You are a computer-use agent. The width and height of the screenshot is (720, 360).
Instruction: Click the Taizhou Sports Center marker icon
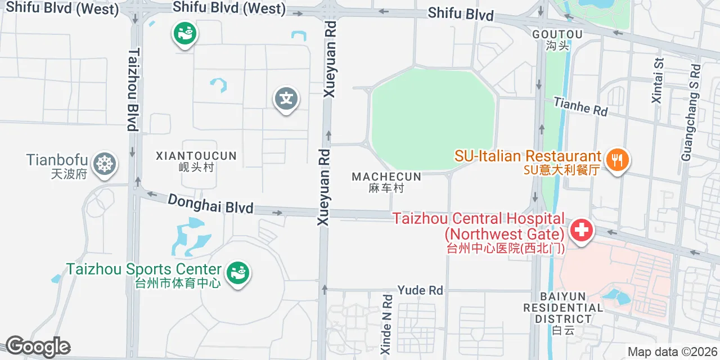click(238, 274)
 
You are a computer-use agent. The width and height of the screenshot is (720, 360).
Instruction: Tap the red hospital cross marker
click(582, 230)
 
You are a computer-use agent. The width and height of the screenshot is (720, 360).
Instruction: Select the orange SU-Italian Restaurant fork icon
click(617, 160)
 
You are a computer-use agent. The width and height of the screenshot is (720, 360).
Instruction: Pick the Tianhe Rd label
click(580, 106)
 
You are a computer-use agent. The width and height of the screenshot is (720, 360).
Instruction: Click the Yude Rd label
click(420, 290)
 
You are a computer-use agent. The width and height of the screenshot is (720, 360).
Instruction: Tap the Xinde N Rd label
click(386, 324)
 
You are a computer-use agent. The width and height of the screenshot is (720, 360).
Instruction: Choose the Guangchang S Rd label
click(691, 112)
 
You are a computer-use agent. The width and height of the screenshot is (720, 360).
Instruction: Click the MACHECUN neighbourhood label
click(386, 177)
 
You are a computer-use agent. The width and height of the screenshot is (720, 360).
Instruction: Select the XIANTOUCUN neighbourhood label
click(196, 155)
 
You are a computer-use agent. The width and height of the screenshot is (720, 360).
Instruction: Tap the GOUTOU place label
click(557, 34)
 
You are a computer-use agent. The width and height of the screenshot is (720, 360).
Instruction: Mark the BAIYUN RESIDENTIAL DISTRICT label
click(563, 308)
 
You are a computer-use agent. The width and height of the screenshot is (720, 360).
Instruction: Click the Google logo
click(38, 347)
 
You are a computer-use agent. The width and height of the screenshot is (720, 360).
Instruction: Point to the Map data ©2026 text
click(672, 352)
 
